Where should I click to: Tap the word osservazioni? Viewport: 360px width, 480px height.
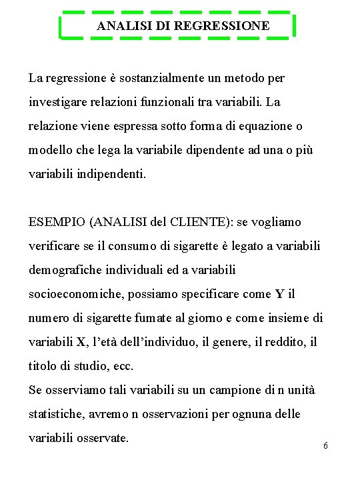pos(170,414)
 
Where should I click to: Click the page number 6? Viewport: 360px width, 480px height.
pos(325,445)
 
